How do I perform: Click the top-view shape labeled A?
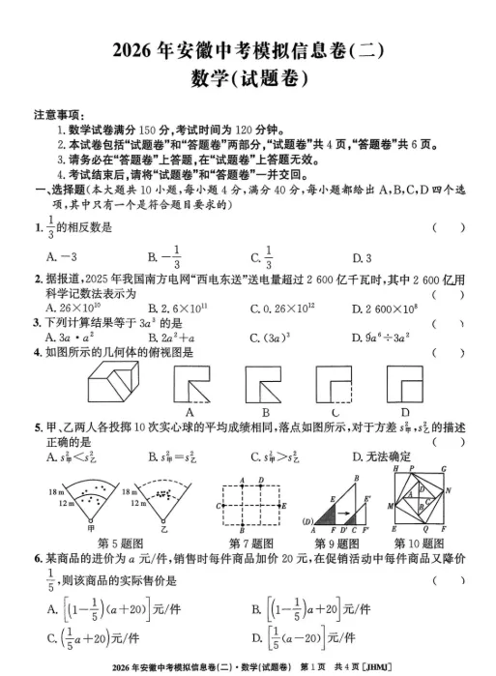192,382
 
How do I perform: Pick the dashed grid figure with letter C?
250,503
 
